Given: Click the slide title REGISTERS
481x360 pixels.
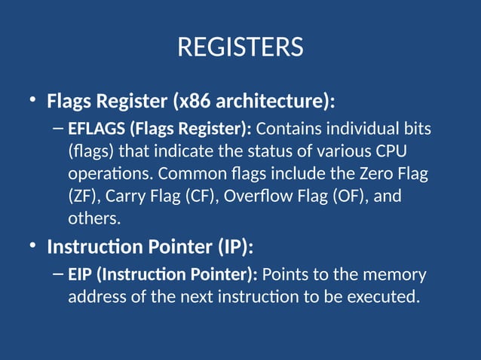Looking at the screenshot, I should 240,47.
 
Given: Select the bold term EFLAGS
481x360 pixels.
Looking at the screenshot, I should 93,129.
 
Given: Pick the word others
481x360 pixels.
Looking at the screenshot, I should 93,219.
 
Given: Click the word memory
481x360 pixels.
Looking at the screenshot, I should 395,274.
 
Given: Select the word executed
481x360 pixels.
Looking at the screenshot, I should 382,297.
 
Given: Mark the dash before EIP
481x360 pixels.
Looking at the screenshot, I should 59,274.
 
